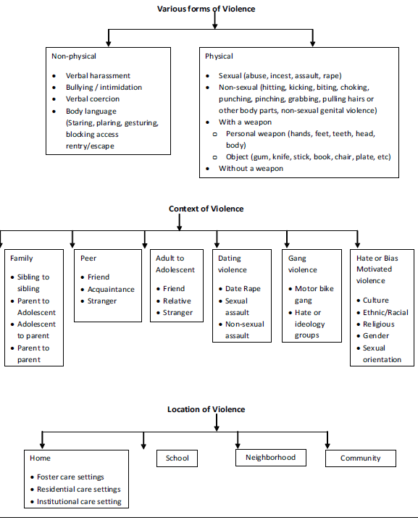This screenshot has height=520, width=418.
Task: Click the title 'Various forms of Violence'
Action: pos(206,9)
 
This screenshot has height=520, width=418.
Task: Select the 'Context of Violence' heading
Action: pos(206,209)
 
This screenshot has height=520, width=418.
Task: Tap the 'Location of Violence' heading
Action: pos(206,409)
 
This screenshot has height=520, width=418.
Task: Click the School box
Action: pos(177,458)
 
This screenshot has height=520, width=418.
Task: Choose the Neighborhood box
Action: pos(271,458)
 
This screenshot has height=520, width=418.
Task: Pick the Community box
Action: pos(361,458)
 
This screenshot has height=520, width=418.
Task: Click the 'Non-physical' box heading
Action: pos(74,56)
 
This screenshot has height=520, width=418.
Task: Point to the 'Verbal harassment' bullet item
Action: pos(98,75)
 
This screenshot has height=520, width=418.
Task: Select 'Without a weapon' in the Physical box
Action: pos(251,169)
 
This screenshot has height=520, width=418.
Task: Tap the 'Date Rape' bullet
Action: pos(243,289)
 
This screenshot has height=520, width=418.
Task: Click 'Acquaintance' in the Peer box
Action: pos(111,290)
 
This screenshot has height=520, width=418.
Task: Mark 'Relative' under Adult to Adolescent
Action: pos(177,301)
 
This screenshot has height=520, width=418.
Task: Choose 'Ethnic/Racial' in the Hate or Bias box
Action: pos(385,312)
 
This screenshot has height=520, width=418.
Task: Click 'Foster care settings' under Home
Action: pos(70,477)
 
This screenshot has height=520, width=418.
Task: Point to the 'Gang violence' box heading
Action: pos(302,264)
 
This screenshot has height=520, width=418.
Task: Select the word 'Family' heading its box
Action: pos(21,259)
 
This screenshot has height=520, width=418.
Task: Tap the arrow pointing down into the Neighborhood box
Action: pos(238,440)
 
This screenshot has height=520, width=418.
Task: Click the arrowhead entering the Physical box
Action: pos(312,43)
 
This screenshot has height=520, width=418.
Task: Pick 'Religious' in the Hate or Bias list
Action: pos(379,324)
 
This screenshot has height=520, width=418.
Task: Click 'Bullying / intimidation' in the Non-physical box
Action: pos(104,87)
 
